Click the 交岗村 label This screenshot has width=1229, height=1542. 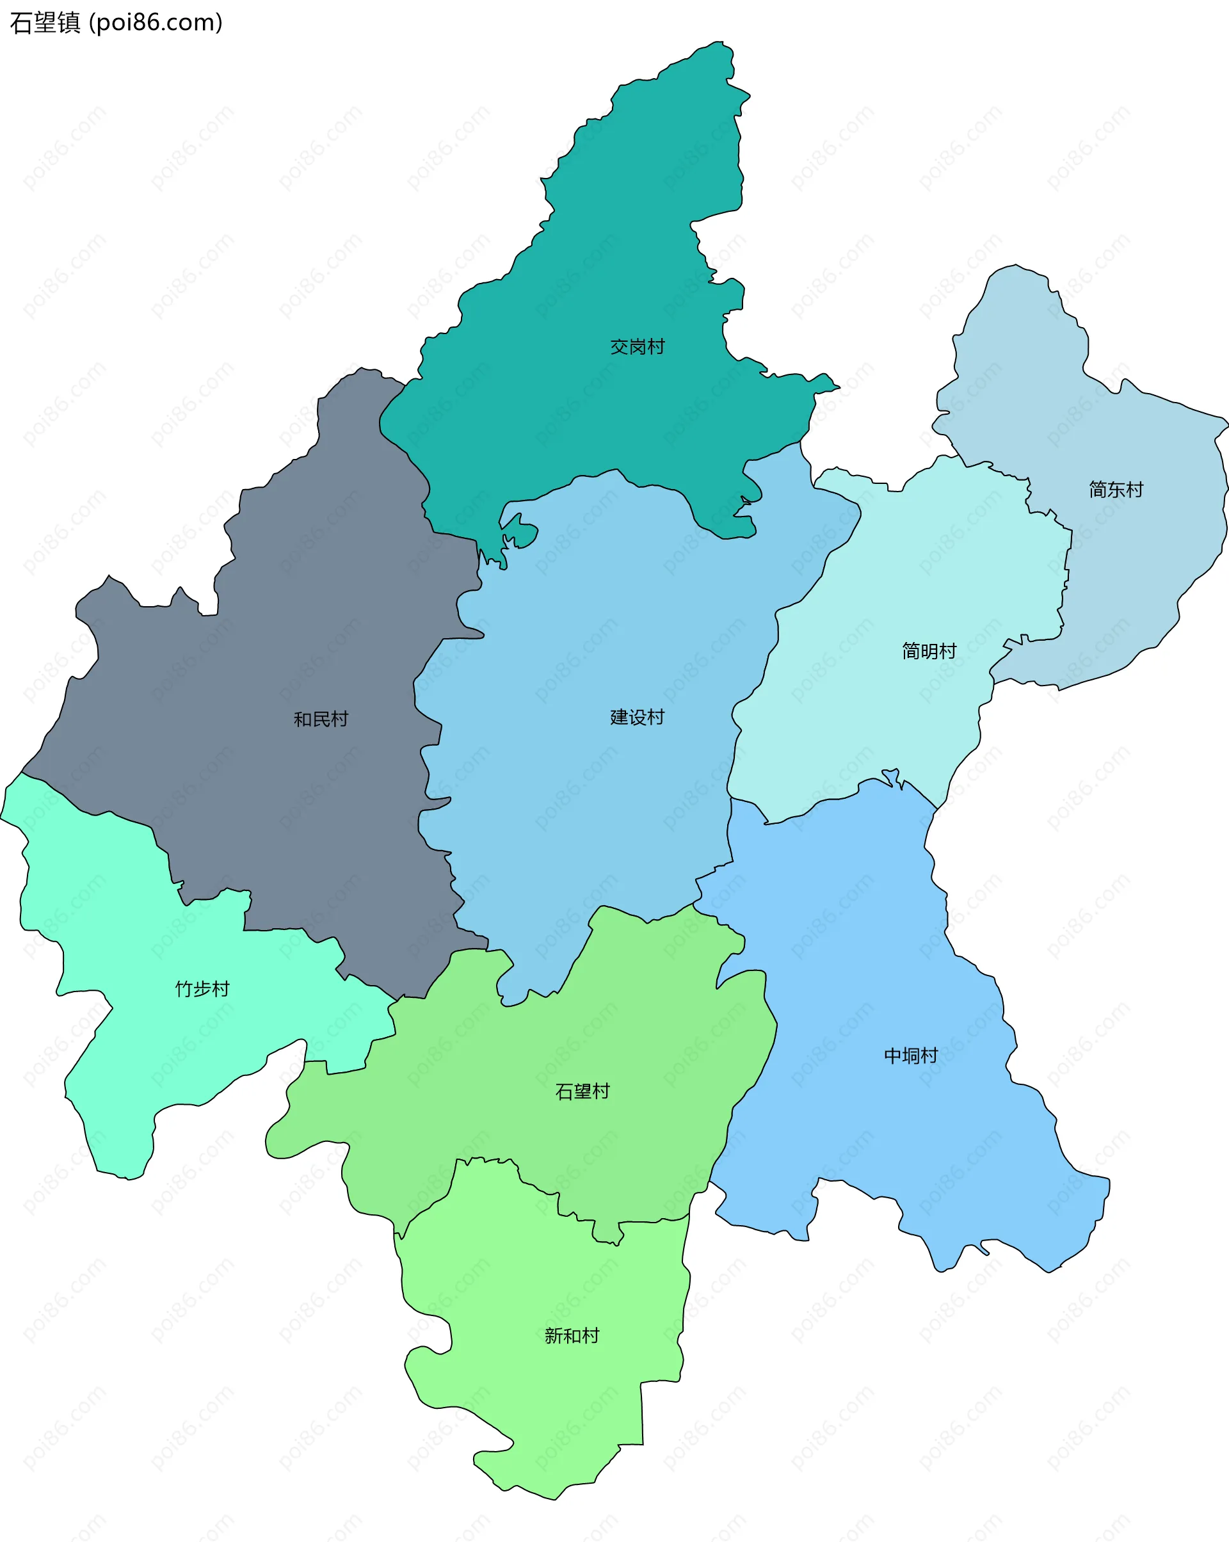637,347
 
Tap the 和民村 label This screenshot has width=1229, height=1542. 321,719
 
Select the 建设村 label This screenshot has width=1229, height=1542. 637,717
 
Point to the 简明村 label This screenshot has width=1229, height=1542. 929,651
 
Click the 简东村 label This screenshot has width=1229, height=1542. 1115,489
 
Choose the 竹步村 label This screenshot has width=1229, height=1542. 202,988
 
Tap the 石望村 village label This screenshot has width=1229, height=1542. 582,1091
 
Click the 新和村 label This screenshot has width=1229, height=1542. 572,1335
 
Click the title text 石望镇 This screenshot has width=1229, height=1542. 45,23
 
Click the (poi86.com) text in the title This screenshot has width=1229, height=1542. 156,23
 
